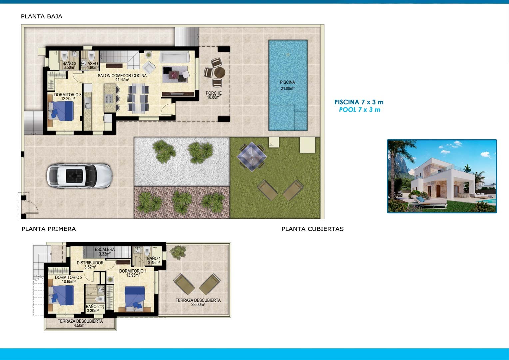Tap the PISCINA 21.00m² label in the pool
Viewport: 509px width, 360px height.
(x=287, y=85)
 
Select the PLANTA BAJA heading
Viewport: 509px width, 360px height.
(x=41, y=16)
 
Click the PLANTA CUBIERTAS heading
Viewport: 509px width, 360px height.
(x=312, y=229)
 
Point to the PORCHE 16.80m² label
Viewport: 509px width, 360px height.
(x=214, y=95)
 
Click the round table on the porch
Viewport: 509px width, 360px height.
(x=220, y=72)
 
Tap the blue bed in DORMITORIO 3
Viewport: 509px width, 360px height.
(x=62, y=111)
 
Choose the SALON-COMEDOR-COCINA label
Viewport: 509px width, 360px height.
(x=122, y=78)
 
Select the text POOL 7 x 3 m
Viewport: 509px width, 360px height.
(x=359, y=110)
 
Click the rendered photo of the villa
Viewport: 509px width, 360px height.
(x=442, y=176)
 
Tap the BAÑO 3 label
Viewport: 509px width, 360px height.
(x=69, y=65)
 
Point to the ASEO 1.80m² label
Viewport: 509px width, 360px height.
(x=93, y=65)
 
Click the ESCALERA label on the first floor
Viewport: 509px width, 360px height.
(x=105, y=252)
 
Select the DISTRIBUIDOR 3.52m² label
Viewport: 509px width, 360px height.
(x=90, y=265)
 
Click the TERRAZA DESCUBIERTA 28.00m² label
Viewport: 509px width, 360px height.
(x=198, y=302)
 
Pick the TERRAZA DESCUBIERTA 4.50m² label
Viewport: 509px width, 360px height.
(x=80, y=323)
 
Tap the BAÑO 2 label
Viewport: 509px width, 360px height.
(x=93, y=309)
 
